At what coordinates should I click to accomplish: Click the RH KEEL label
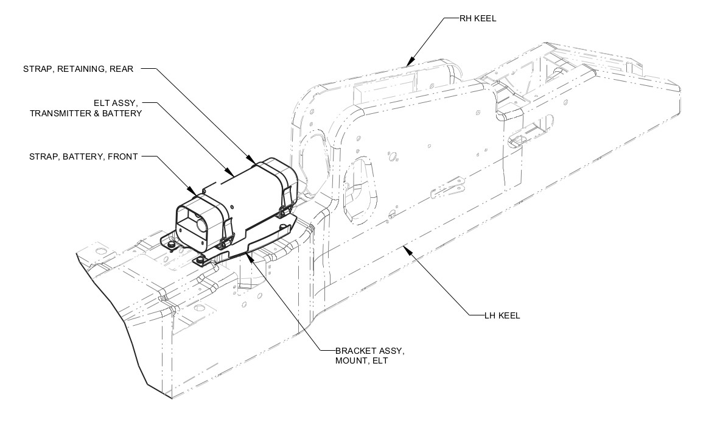tap(478, 18)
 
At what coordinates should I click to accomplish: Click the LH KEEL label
tap(502, 315)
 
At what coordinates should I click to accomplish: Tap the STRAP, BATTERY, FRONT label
tap(83, 156)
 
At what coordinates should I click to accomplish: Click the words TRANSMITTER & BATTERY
tap(85, 113)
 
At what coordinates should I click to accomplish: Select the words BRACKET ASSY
tap(369, 351)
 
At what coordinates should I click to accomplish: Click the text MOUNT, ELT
tap(361, 361)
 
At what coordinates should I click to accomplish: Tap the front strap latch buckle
tap(227, 231)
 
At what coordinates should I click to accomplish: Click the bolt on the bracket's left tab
tap(172, 244)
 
